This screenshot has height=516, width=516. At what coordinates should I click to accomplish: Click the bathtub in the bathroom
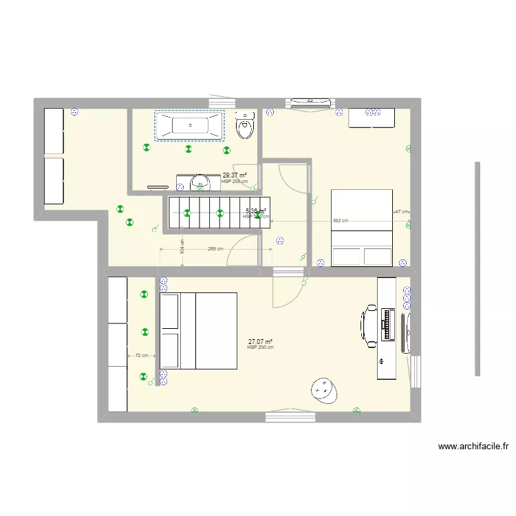(x=189, y=126)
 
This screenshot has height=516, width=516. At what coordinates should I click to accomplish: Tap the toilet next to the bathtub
(x=244, y=126)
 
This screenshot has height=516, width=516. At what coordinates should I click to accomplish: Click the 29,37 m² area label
(x=235, y=175)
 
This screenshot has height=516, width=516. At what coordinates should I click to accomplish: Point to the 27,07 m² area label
(x=260, y=341)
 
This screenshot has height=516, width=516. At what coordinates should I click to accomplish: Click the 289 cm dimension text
(x=215, y=248)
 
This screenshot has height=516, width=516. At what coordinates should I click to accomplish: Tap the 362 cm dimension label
(x=340, y=221)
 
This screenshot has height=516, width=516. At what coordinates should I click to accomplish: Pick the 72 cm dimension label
(x=141, y=356)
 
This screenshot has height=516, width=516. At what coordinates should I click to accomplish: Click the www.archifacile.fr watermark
(x=473, y=447)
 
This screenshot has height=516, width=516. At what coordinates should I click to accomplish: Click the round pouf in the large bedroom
(x=323, y=390)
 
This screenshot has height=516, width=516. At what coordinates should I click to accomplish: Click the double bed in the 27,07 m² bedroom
(x=199, y=330)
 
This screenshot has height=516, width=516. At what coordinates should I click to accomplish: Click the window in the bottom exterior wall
(x=290, y=415)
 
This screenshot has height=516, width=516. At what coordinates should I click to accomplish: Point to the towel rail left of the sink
(x=158, y=185)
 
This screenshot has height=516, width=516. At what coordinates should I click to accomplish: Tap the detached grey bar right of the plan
(x=476, y=268)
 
